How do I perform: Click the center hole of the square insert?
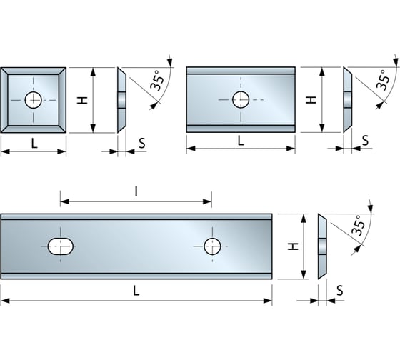point(34,100)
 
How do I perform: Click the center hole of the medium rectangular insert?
point(241,99)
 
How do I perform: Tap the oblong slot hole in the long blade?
point(61,246)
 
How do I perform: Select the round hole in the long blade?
point(212,246)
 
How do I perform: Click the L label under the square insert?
point(34,143)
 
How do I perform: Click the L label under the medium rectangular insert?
point(241,140)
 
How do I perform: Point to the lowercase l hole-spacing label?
point(136,191)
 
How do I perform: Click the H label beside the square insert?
point(83,100)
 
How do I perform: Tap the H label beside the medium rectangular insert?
point(311,99)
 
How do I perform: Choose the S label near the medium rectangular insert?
point(365,140)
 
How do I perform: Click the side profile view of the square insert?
point(121,100)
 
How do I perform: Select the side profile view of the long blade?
point(321,246)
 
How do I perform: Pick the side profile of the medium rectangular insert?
point(347,99)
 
